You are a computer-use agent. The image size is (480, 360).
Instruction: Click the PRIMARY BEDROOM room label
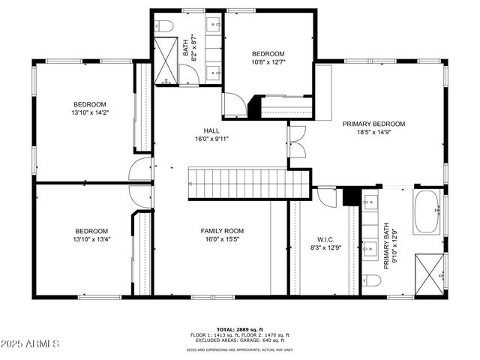click(373, 124)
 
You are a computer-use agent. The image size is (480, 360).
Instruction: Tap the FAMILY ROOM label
click(221, 230)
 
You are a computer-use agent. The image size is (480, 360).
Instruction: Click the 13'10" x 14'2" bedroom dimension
click(89, 113)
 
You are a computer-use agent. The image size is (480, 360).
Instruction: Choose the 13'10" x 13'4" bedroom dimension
click(91, 240)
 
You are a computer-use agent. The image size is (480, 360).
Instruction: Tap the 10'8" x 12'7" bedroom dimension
click(268, 63)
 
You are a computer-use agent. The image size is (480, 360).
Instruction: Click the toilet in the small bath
click(166, 26)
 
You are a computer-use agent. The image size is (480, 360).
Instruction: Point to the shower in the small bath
click(167, 59)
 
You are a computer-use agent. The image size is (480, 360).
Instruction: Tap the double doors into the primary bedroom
click(297, 142)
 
